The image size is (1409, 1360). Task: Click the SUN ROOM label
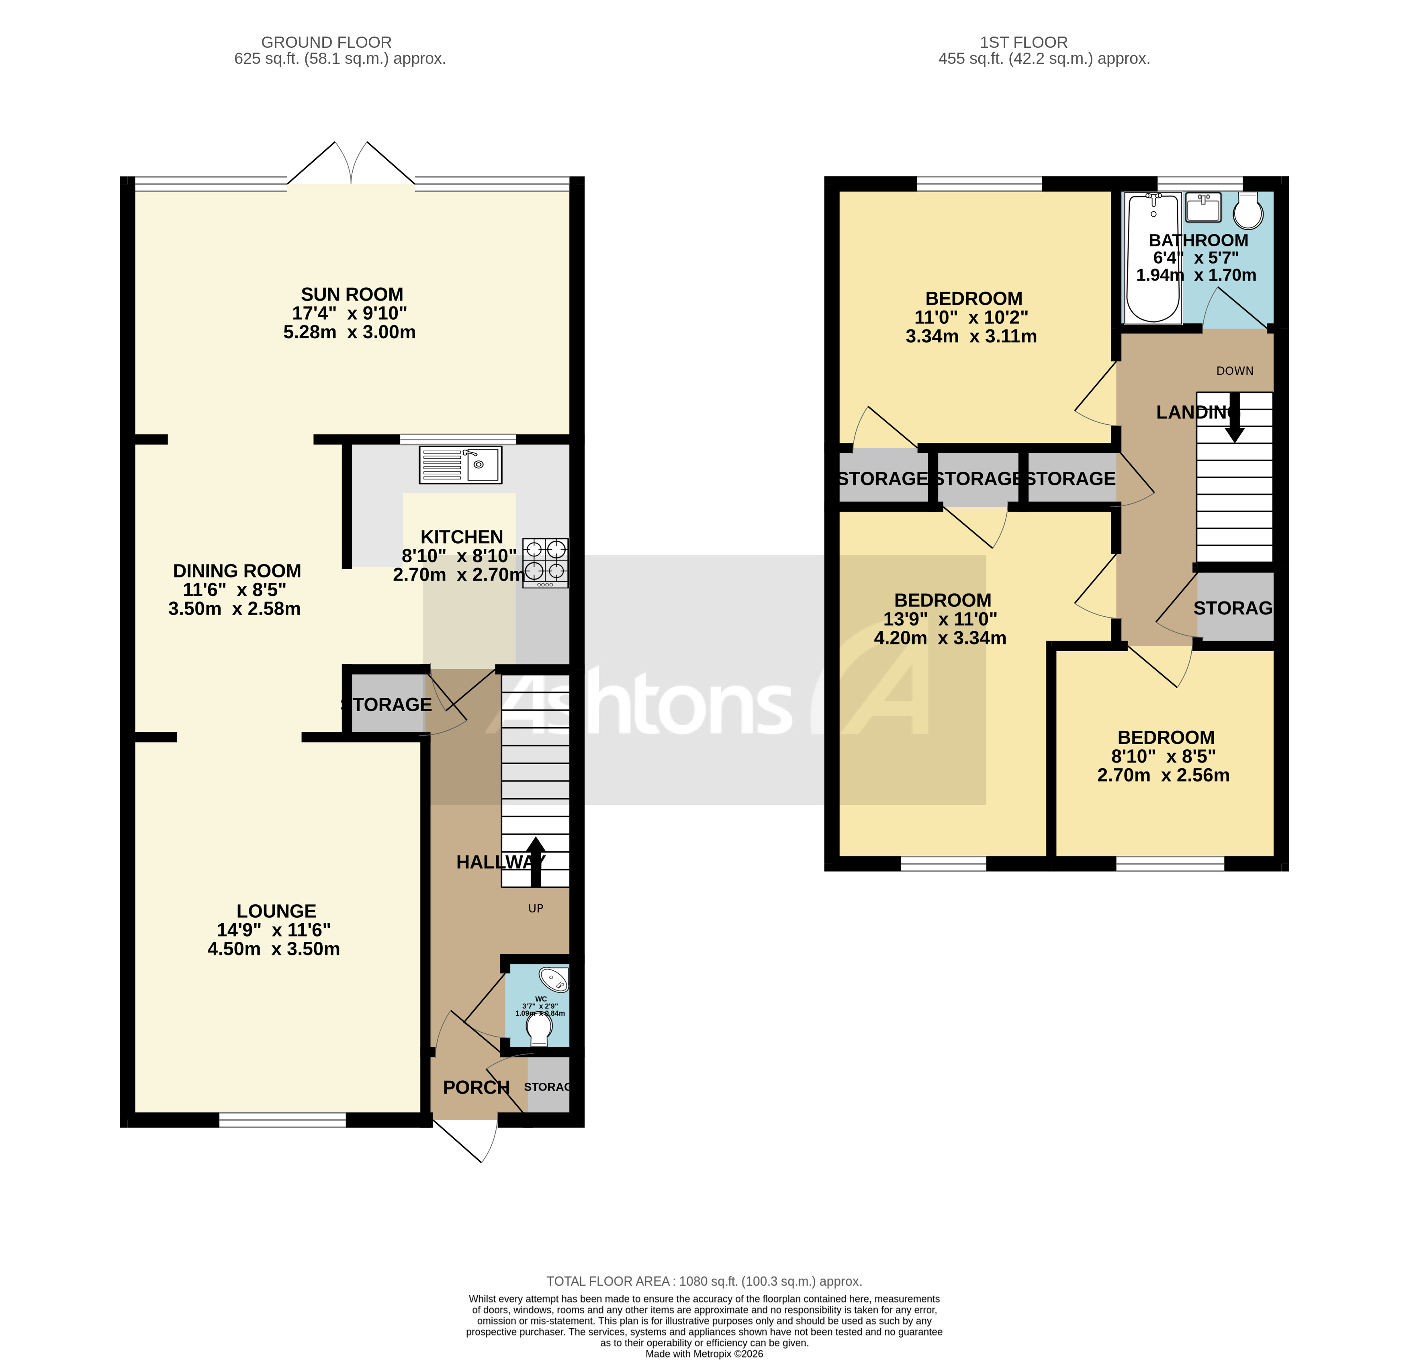pyautogui.click(x=352, y=295)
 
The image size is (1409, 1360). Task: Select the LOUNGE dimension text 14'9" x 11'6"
pyautogui.click(x=274, y=930)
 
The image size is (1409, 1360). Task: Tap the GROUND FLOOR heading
pyautogui.click(x=326, y=43)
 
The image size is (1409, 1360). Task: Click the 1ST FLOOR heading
pyautogui.click(x=1024, y=43)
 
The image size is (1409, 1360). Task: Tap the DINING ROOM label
pyautogui.click(x=237, y=571)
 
